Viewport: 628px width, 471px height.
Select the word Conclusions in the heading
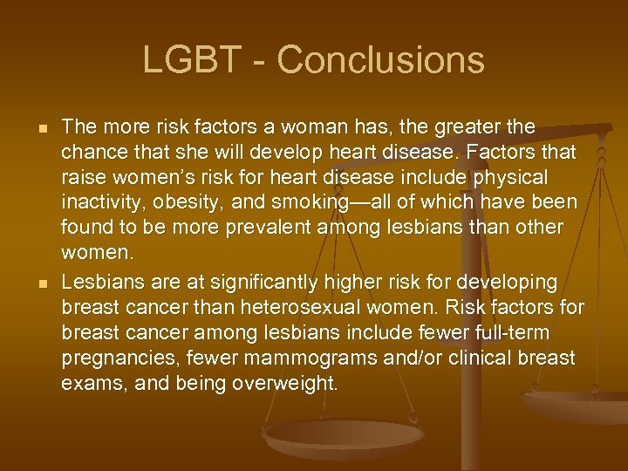point(380,60)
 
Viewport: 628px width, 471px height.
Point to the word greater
point(469,127)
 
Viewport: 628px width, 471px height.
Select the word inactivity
point(98,203)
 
